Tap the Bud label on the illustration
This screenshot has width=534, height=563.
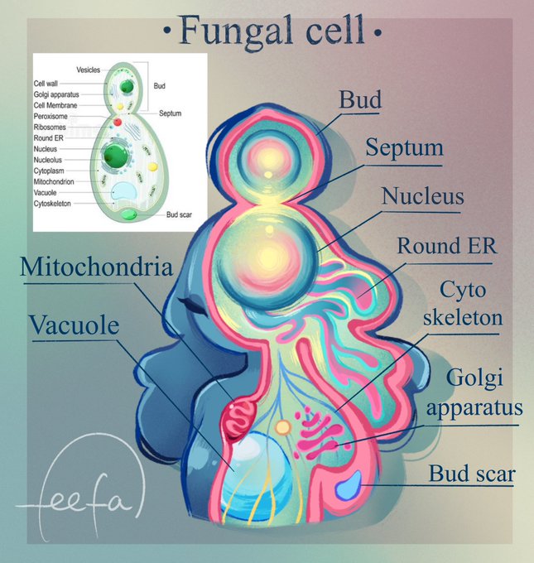click(x=360, y=100)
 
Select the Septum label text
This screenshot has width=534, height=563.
click(x=405, y=149)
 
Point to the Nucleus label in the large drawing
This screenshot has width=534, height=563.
click(x=422, y=196)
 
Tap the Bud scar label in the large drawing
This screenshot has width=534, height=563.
click(x=472, y=474)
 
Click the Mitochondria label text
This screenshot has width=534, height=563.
click(x=97, y=268)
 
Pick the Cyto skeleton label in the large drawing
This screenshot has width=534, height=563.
click(x=463, y=304)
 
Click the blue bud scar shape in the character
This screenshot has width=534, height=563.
click(x=349, y=484)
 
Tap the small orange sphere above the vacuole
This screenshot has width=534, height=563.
click(x=283, y=428)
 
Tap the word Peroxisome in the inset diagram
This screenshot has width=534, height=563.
click(x=51, y=117)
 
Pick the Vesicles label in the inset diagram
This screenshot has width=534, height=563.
click(x=89, y=70)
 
